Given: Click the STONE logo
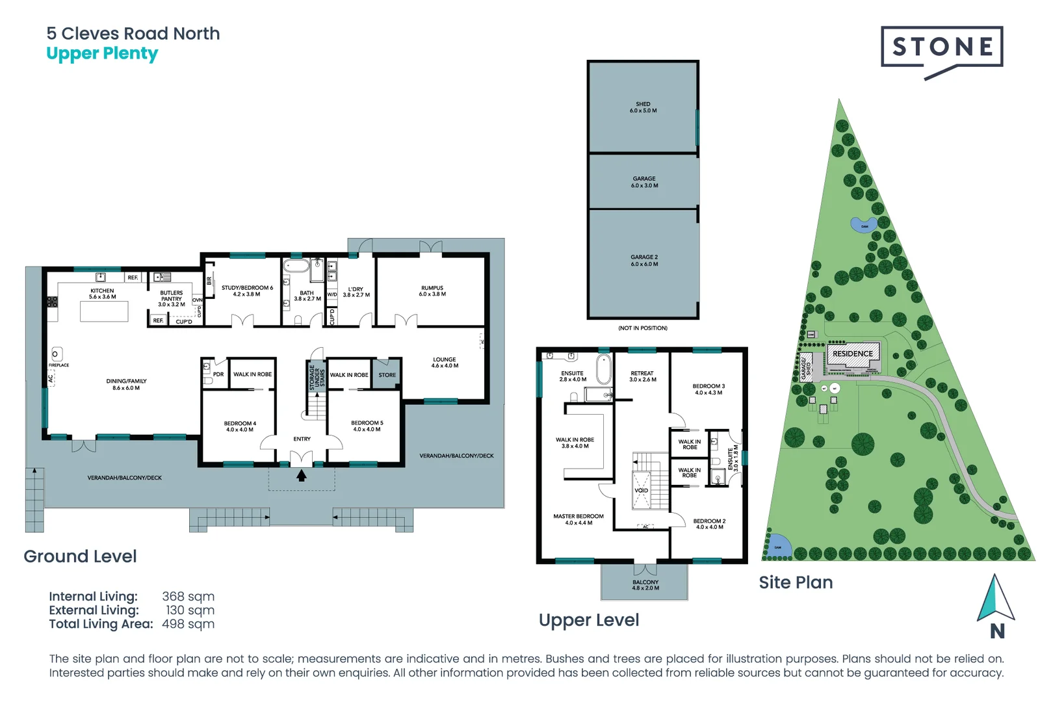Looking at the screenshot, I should point(942,47).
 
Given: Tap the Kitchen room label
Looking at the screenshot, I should point(102,294).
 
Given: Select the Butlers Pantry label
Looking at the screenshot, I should point(172,298).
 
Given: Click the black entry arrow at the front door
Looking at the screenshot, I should point(302,476).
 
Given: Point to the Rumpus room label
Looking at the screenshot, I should point(432,291).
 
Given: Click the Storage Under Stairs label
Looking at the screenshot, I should point(317,376).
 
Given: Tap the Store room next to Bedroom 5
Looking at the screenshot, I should point(387,375).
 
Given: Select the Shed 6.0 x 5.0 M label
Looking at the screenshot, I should point(643,107).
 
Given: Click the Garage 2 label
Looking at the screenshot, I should point(644,260).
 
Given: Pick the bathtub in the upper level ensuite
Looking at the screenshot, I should point(604,369).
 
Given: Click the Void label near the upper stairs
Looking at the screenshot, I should point(641,490).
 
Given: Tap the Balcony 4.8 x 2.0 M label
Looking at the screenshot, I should point(645,585).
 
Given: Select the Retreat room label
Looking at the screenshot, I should point(642,376).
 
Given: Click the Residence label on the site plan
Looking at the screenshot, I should point(853,354).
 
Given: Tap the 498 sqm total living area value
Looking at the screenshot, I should point(188,624).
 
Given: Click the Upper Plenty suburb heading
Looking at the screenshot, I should point(102,54).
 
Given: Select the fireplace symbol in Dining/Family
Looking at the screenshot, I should point(56,354).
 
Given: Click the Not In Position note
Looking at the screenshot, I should point(642,328).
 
